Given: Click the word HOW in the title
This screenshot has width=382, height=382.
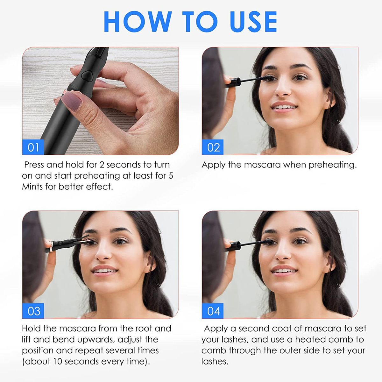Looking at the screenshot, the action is click(x=138, y=22).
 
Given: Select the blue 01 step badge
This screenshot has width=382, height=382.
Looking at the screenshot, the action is click(x=33, y=147).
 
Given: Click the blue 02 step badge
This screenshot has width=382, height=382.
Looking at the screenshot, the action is click(x=213, y=147).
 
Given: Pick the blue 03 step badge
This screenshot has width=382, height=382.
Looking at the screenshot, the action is click(x=33, y=311).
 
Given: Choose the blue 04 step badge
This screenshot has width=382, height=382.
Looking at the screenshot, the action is click(x=213, y=311).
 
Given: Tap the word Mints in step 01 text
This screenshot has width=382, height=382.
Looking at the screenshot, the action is click(x=32, y=187).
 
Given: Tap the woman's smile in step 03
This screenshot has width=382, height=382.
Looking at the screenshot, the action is click(x=104, y=270).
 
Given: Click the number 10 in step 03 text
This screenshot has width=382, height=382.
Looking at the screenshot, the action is click(x=58, y=362).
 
